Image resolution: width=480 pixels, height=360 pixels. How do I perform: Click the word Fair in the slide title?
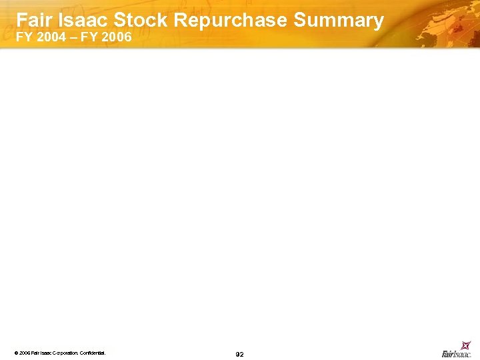pos(33,20)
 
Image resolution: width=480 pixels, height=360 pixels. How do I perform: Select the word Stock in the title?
pos(141,20)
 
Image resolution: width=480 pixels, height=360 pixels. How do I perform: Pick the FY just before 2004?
pos(24,37)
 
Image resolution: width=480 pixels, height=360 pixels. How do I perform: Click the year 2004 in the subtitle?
pos(51,37)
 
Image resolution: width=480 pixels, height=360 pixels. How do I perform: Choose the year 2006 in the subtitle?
pos(117,37)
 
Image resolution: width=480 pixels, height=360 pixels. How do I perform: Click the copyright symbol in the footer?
pos(15,353)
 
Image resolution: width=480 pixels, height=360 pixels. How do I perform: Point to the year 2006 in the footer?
pos(24,353)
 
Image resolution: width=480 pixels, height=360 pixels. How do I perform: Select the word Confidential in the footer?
pos(93,353)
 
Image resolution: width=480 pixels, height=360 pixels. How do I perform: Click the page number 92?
pos(240,354)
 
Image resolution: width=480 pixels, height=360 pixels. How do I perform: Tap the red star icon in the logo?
pos(466,345)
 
